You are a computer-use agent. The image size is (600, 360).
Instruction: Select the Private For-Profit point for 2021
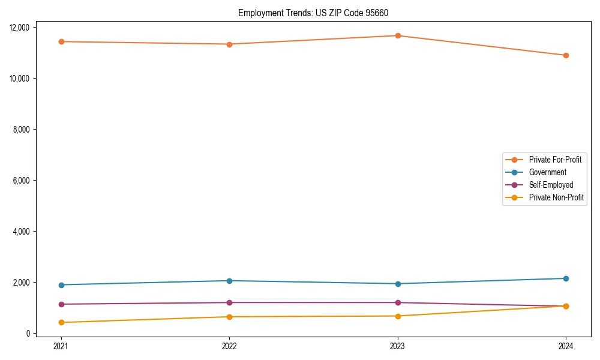tap(61, 41)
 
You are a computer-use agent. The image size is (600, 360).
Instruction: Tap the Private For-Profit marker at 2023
tap(398, 35)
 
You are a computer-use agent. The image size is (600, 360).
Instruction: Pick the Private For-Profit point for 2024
tap(566, 55)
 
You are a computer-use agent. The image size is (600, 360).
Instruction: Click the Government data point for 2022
tap(229, 281)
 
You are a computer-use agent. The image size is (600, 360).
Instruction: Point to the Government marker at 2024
tap(566, 278)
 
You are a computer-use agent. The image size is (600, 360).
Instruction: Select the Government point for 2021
tap(61, 285)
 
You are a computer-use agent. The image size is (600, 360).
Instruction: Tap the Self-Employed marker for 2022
tap(229, 302)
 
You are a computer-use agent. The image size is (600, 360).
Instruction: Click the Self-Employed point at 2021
tap(61, 304)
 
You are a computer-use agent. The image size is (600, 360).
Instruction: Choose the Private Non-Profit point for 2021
tap(61, 322)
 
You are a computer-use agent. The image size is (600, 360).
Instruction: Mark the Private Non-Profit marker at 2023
tap(398, 316)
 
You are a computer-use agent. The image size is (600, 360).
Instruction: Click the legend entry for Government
tap(547, 172)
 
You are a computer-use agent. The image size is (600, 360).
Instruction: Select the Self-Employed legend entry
tap(551, 185)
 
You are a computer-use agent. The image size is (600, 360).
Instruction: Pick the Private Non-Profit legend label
tap(556, 197)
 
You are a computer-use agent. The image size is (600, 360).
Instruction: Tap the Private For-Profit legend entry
tap(555, 160)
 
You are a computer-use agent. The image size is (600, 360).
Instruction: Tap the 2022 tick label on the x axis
tap(229, 346)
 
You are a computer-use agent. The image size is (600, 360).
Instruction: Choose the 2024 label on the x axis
tap(566, 346)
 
